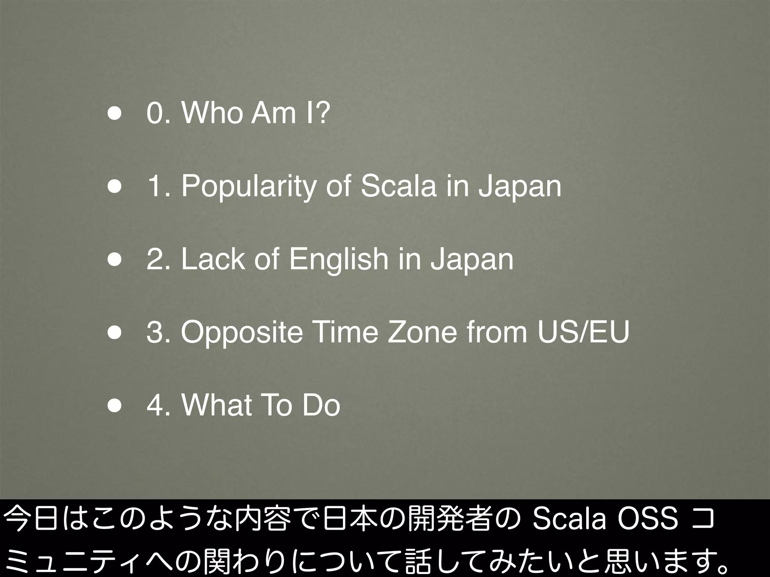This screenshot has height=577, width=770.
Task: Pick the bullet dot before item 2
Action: point(114,260)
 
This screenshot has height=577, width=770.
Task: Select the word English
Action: point(339,260)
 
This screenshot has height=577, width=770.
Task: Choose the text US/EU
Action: point(583,332)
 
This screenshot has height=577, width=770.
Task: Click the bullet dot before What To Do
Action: point(114,406)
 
